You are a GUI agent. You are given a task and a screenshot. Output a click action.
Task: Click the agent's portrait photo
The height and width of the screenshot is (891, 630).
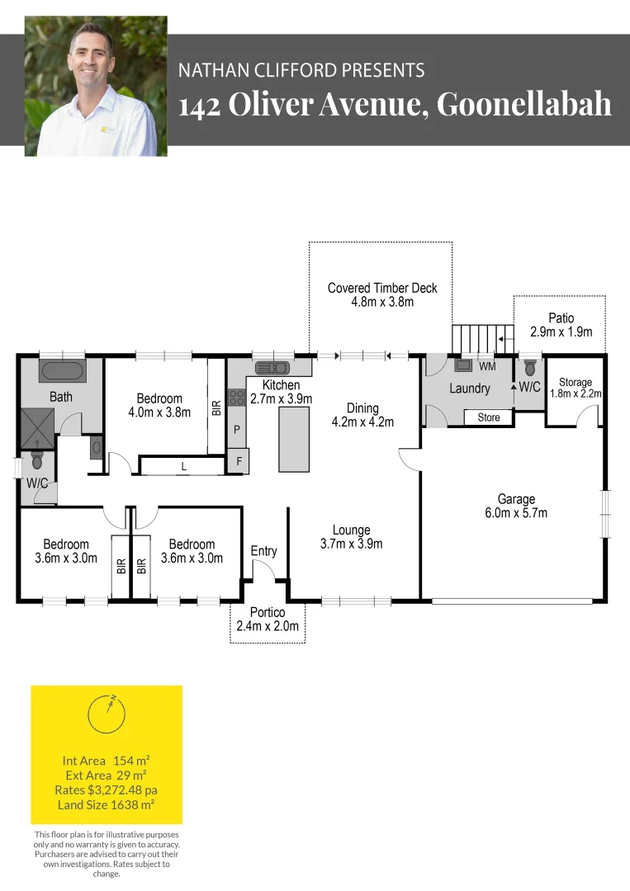pyautogui.click(x=96, y=86)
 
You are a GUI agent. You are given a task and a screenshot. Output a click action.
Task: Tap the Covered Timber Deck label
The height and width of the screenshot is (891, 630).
pyautogui.click(x=382, y=295)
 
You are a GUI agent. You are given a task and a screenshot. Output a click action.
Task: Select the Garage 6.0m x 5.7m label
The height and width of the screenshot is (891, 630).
pyautogui.click(x=516, y=506)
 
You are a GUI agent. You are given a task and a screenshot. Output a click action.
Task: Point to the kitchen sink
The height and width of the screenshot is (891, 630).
pyautogui.click(x=273, y=367)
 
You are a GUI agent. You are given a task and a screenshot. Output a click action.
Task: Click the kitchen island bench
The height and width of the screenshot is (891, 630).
pyautogui.click(x=294, y=439)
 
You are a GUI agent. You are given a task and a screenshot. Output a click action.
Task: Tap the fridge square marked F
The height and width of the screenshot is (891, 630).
pyautogui.click(x=239, y=461)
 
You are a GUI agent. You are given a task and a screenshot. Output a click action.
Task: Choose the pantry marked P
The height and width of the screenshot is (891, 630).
pyautogui.click(x=237, y=429)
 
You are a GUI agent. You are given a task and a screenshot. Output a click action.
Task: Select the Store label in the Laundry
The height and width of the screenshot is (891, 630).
pyautogui.click(x=489, y=417)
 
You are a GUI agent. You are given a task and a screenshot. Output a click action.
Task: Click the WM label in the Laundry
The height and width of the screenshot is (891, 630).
pyautogui.click(x=487, y=367)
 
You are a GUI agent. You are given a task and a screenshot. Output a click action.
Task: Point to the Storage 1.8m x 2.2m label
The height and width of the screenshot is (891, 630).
pyautogui.click(x=576, y=388)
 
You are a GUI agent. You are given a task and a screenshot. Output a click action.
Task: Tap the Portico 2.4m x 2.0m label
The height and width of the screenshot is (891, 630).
pyautogui.click(x=268, y=620)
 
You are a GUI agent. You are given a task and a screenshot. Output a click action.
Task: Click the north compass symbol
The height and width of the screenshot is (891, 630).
pyautogui.click(x=107, y=714)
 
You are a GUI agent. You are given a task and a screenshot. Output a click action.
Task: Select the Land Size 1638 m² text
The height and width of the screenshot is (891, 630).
pyautogui.click(x=107, y=804)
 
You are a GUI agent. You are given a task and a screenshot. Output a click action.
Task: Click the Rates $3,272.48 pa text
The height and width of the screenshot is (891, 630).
pyautogui.click(x=107, y=790)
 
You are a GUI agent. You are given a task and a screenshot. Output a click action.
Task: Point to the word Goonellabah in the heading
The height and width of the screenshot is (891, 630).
pyautogui.click(x=523, y=104)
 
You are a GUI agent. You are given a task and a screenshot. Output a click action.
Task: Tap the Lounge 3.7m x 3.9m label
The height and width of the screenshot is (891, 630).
pyautogui.click(x=352, y=537)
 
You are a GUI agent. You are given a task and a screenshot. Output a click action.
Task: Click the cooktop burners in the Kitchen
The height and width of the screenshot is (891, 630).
pyautogui.click(x=236, y=397)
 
